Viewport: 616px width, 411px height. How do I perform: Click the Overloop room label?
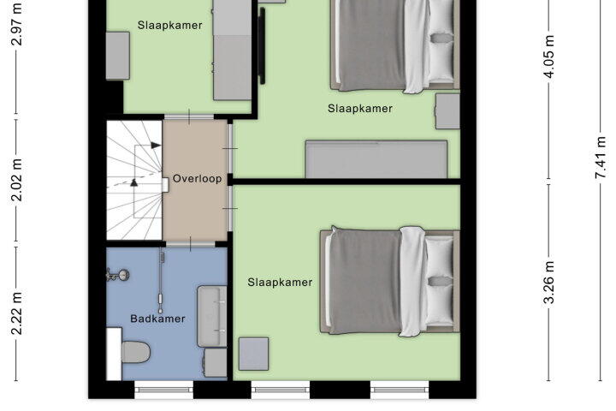point(198,179)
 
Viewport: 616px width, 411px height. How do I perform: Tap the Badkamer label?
point(157,319)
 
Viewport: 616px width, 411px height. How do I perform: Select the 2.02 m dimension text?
point(16,180)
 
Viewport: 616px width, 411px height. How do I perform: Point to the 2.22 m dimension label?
point(16,313)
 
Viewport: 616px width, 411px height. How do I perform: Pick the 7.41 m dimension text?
point(601,158)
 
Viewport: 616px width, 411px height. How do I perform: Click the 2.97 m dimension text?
point(16,24)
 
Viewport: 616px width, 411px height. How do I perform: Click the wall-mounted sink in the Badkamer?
point(119,276)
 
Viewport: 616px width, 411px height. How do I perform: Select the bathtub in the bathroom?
point(212,317)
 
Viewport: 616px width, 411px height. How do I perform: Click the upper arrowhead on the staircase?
point(156,146)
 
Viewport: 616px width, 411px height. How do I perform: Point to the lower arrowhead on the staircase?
point(134,182)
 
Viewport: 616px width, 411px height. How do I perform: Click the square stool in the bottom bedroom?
point(254,354)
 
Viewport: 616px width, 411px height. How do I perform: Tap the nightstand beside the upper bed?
point(447,111)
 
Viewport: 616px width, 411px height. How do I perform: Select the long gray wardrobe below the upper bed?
point(376,159)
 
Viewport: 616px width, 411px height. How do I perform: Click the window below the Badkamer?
point(163,390)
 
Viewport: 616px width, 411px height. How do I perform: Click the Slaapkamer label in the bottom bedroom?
point(280,283)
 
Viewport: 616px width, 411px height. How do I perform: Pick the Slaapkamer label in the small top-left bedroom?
point(169,25)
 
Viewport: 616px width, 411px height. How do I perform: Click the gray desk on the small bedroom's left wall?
point(118,56)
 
